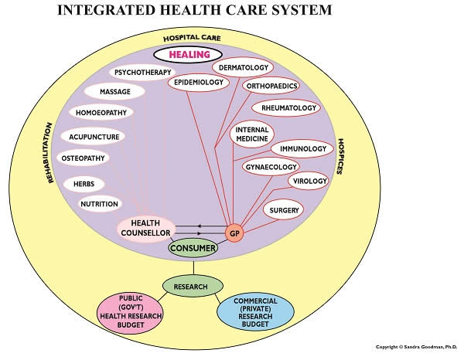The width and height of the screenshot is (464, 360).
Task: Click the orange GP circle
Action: point(234,233)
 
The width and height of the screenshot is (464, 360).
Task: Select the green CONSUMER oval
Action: point(193,248)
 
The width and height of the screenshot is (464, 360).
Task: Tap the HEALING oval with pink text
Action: point(188,55)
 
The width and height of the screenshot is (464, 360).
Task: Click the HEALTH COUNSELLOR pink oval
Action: point(146,228)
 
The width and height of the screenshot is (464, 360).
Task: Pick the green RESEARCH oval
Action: point(193,286)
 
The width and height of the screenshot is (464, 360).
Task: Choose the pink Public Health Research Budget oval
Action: point(131,313)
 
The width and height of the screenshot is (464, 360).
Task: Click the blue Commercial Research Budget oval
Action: point(255,312)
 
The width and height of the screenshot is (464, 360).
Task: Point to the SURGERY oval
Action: point(284,210)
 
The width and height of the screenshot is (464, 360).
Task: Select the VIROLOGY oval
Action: point(309,181)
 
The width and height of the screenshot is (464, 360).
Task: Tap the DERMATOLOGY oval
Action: point(243,67)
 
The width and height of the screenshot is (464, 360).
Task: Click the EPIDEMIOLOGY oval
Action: point(199,82)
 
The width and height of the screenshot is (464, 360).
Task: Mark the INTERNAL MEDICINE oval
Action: point(252,134)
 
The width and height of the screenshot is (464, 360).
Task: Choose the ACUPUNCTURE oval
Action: point(94,137)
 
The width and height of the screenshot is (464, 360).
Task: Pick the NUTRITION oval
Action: point(100,204)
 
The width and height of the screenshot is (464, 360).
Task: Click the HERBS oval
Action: point(84,184)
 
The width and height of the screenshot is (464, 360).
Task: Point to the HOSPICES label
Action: point(340,156)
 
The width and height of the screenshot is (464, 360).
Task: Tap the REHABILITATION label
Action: point(49,153)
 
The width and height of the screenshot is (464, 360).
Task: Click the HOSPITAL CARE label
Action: point(192,38)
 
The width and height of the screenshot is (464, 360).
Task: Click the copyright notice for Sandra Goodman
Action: point(416,347)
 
